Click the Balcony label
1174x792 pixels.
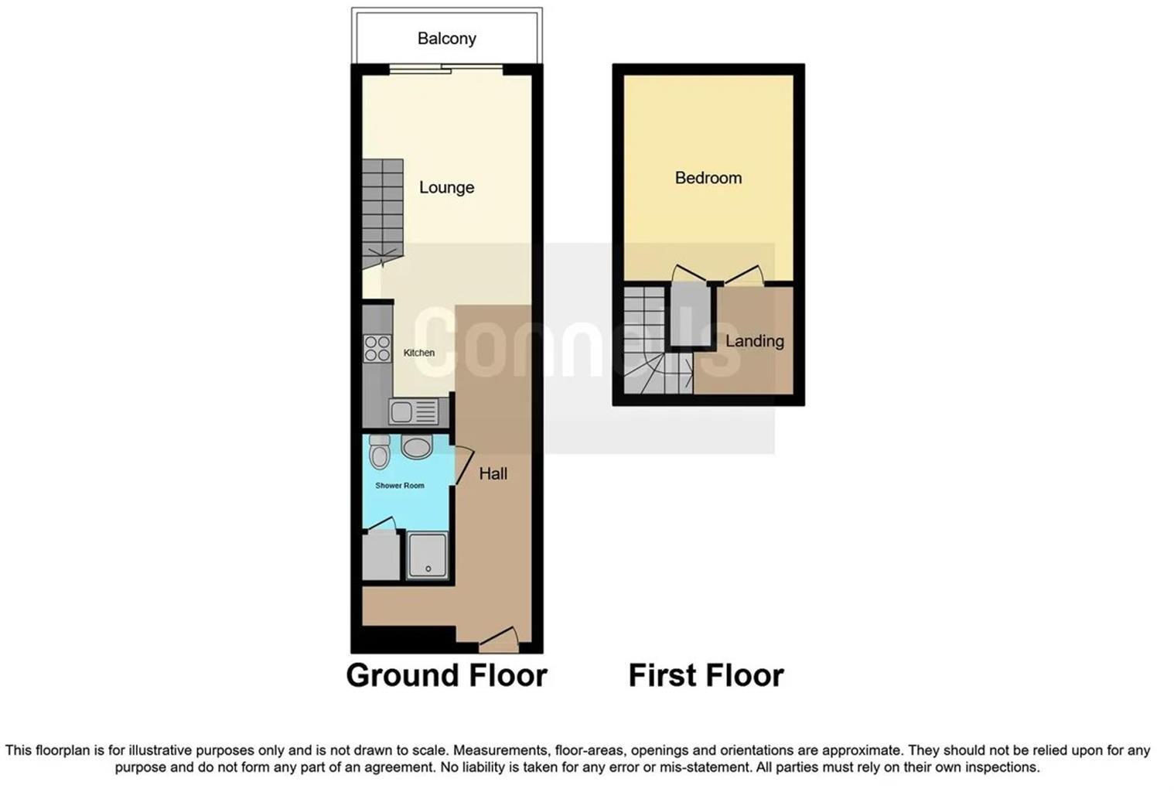[x=446, y=39]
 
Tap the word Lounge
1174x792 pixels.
[x=446, y=188]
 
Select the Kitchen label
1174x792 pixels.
[x=418, y=353]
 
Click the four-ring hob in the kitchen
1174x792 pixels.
[x=377, y=348]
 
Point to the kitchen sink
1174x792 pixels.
[x=413, y=411]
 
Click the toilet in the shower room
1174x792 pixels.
[x=379, y=452]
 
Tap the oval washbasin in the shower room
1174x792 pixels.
[x=417, y=447]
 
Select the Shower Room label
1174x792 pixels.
[x=399, y=486]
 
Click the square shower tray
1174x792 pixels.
[x=427, y=555]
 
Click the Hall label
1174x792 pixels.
[x=493, y=474]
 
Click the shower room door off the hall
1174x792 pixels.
[x=462, y=466]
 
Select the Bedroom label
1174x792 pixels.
[x=708, y=178]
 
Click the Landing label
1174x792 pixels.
[x=754, y=341]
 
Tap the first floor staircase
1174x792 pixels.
[x=648, y=340]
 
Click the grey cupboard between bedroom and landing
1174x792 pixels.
[x=690, y=313]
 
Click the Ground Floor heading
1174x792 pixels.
[x=446, y=675]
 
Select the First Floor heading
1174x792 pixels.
[x=705, y=675]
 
